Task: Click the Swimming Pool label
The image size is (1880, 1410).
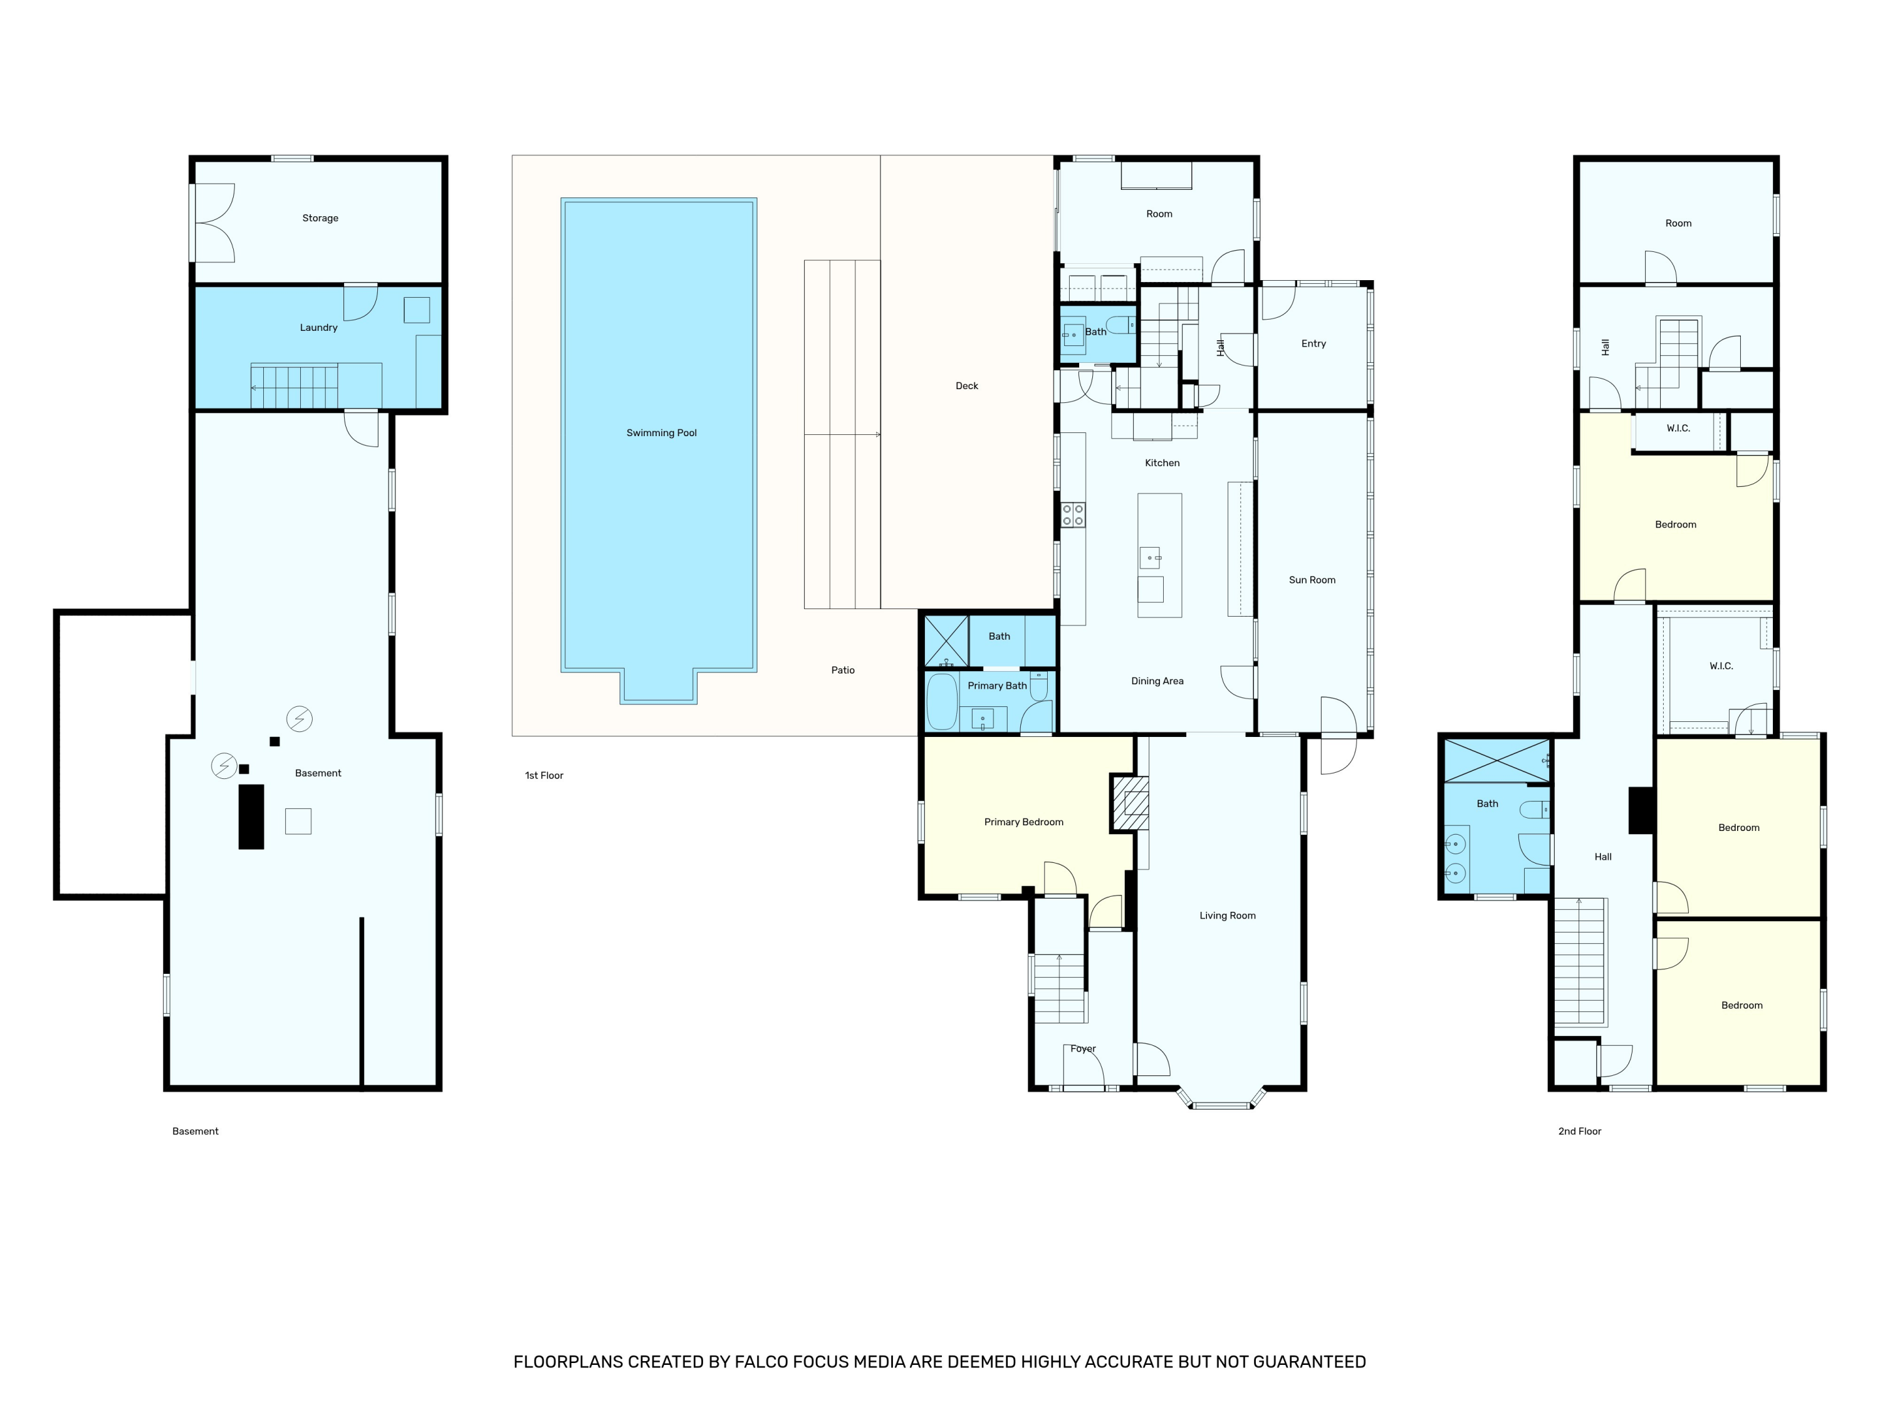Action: point(661,432)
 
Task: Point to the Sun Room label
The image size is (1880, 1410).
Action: point(1312,580)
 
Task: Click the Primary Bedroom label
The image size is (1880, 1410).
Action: point(1024,822)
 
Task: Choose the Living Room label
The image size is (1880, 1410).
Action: point(1227,916)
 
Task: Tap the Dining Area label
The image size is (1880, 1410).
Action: point(1157,681)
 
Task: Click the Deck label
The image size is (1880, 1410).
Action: point(967,386)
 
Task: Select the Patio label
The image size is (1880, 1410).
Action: point(843,671)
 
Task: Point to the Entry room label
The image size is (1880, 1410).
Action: point(1314,343)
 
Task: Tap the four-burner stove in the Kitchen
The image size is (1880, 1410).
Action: point(1073,515)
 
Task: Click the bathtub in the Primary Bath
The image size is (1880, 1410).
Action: point(942,702)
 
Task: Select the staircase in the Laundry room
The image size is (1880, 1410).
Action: point(294,387)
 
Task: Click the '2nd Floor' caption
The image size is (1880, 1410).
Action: point(1580,1131)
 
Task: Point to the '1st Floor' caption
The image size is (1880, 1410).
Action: point(544,775)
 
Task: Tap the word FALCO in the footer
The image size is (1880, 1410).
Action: point(763,1362)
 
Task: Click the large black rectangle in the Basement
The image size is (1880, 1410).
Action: point(251,817)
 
